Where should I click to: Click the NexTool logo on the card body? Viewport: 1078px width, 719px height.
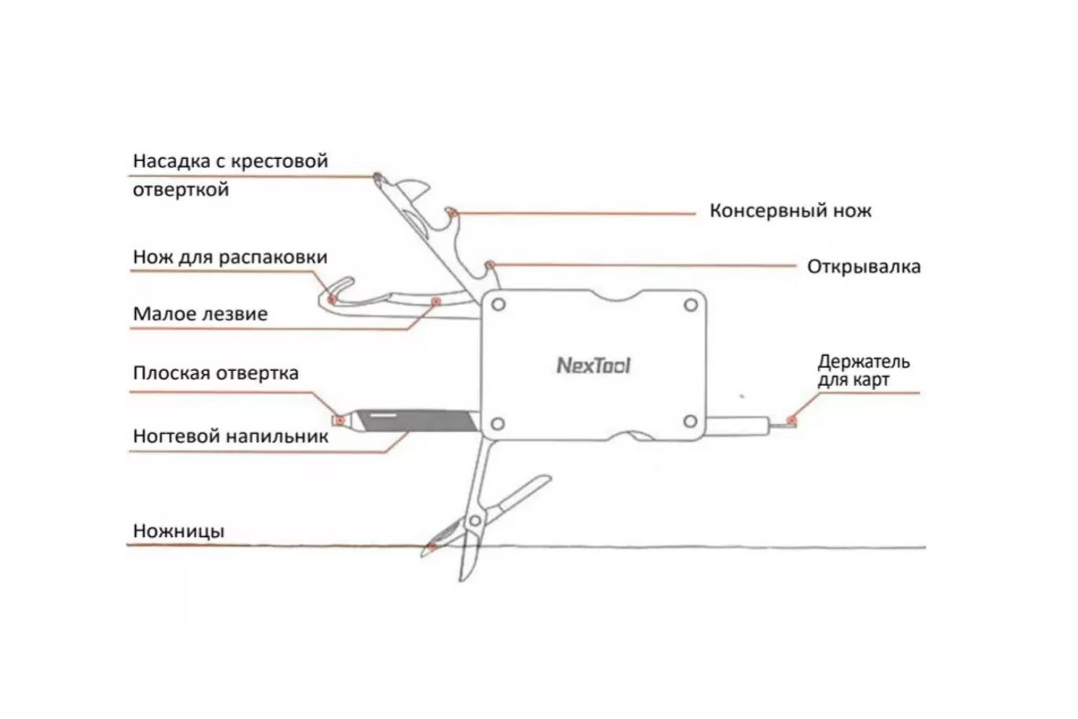tap(594, 365)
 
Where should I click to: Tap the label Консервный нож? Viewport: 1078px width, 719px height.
tap(790, 211)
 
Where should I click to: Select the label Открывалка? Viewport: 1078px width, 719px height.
tap(863, 267)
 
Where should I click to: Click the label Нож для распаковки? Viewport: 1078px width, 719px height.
tap(230, 257)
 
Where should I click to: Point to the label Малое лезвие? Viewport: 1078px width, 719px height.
tap(200, 314)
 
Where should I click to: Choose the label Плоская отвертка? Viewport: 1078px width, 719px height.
tap(216, 373)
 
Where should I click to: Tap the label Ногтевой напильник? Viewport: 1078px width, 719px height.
tap(231, 436)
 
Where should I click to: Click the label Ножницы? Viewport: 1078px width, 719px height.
tap(178, 531)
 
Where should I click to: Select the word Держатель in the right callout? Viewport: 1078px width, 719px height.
tap(863, 362)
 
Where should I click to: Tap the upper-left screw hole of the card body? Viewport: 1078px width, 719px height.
tap(498, 305)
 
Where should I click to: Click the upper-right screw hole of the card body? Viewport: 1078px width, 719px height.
tap(691, 305)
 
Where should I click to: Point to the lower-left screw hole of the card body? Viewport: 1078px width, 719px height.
tap(497, 423)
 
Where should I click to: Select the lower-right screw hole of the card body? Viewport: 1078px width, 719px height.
tap(690, 422)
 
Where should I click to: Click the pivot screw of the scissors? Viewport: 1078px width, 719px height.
tap(474, 520)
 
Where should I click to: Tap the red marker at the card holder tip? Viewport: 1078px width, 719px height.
tap(791, 420)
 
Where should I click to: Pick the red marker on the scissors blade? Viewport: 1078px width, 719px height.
tap(433, 547)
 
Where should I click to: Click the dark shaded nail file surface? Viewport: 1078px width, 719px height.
tap(417, 420)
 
